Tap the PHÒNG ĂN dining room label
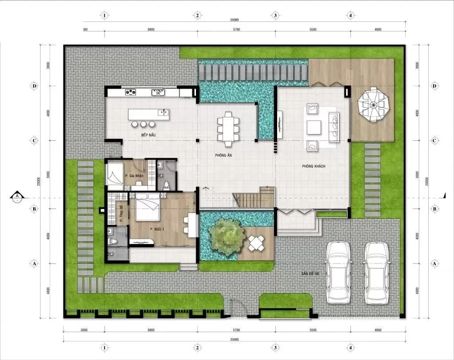tap(224, 155)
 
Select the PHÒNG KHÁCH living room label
tap(313, 166)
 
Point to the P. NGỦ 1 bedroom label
tap(157, 229)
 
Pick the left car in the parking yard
tap(338, 272)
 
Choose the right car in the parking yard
tap(377, 272)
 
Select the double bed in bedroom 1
tap(148, 206)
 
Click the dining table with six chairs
tap(228, 129)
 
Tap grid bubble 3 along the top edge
tap(275, 15)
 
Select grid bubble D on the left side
tap(34, 85)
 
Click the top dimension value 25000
tap(235, 20)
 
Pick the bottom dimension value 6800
tap(151, 330)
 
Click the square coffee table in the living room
tap(313, 127)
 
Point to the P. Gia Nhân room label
tap(134, 176)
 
